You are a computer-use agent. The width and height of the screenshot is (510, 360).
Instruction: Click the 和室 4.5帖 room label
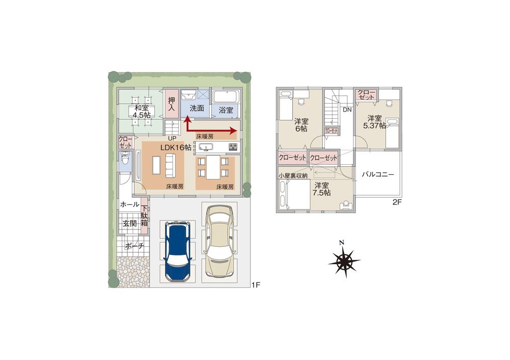point(142,112)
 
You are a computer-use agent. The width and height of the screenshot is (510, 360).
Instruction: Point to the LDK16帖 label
point(176,147)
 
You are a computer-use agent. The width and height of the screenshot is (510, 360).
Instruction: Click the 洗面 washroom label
point(197,109)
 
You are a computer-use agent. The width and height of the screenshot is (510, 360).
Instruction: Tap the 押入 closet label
point(171,105)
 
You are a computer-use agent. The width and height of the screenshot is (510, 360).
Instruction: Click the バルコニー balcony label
point(378,174)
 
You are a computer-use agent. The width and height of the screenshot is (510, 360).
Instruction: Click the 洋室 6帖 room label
point(301,125)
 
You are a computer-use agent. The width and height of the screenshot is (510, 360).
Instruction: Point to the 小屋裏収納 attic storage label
point(293,175)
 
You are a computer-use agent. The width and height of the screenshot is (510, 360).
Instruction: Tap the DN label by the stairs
point(347,110)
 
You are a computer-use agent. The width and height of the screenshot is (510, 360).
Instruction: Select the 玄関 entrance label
point(130,223)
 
